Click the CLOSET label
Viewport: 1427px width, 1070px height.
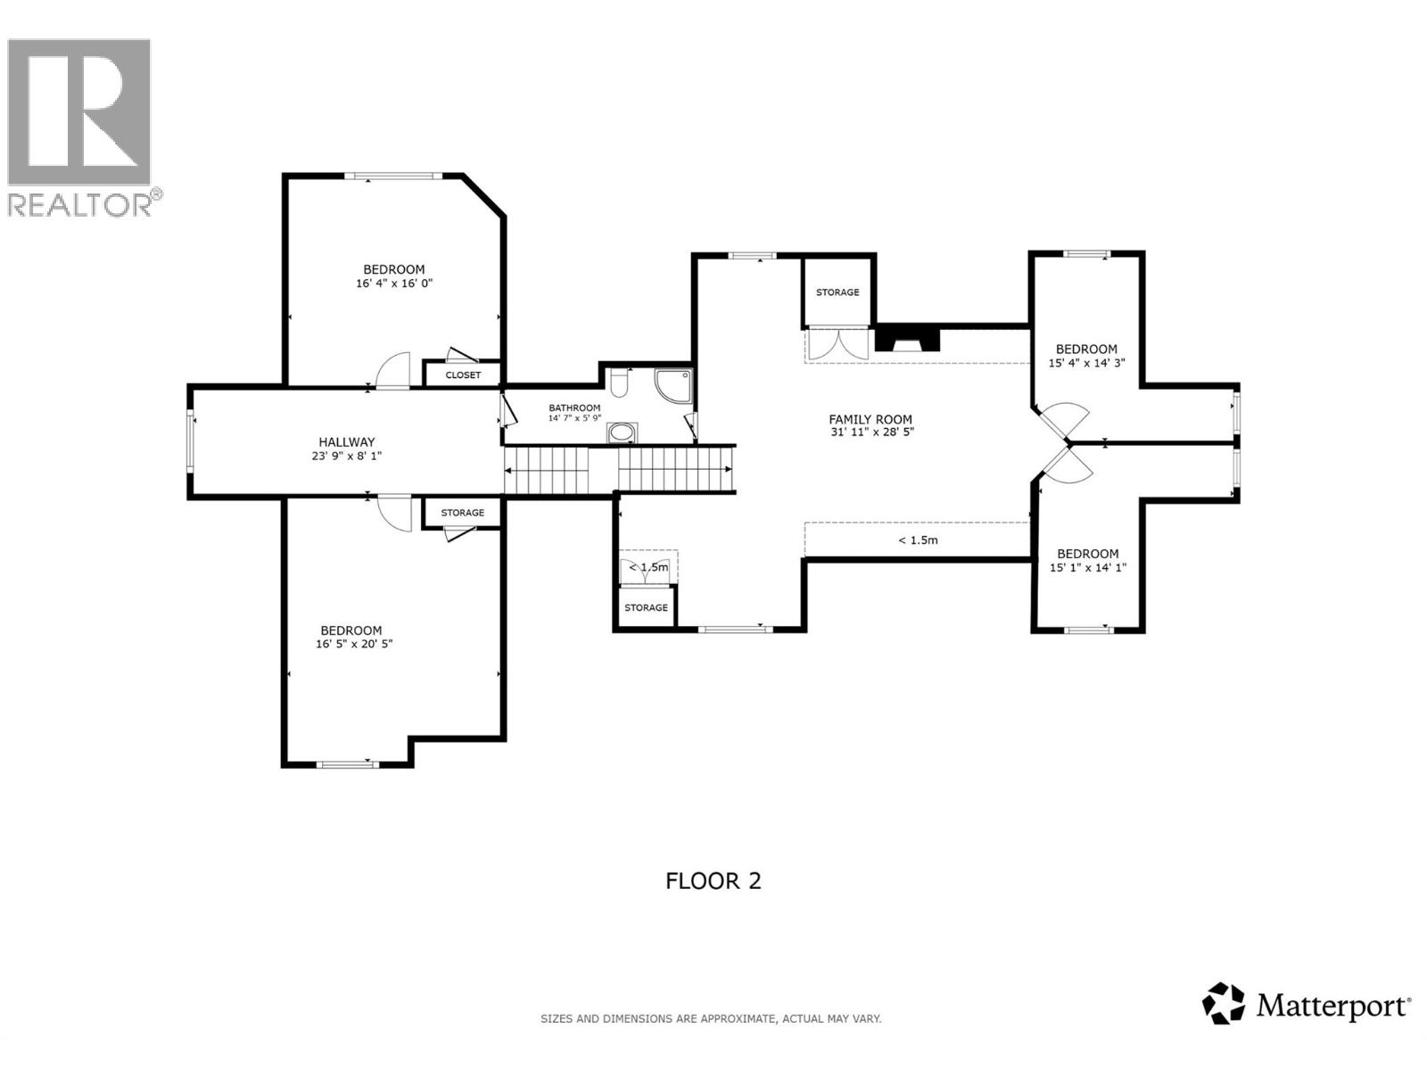pyautogui.click(x=463, y=375)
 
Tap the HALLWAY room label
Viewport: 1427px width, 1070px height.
pyautogui.click(x=347, y=441)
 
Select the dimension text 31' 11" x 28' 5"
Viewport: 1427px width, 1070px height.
pyautogui.click(x=870, y=432)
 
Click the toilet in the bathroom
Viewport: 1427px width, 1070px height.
pyautogui.click(x=621, y=383)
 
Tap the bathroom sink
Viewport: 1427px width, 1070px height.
pyautogui.click(x=622, y=434)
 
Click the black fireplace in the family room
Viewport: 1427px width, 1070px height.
pyautogui.click(x=908, y=340)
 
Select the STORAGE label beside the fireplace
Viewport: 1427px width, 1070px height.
pyautogui.click(x=837, y=292)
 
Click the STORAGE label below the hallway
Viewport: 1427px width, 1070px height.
pyautogui.click(x=463, y=513)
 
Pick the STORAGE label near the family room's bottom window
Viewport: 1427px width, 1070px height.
pyautogui.click(x=646, y=608)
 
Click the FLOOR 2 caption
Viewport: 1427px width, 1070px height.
pyautogui.click(x=713, y=881)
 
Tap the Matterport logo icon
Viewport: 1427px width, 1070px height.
pyautogui.click(x=1223, y=1004)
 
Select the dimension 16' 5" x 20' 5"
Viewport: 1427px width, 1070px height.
pyautogui.click(x=354, y=644)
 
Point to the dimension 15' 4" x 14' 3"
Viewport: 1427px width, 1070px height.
pyautogui.click(x=1086, y=363)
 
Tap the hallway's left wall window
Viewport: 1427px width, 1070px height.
pyautogui.click(x=190, y=440)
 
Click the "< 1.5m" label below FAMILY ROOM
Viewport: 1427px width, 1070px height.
pyautogui.click(x=918, y=540)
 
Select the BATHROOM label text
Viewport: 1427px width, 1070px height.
pyautogui.click(x=574, y=408)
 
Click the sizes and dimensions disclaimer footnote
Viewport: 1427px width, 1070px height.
pyautogui.click(x=711, y=1018)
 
